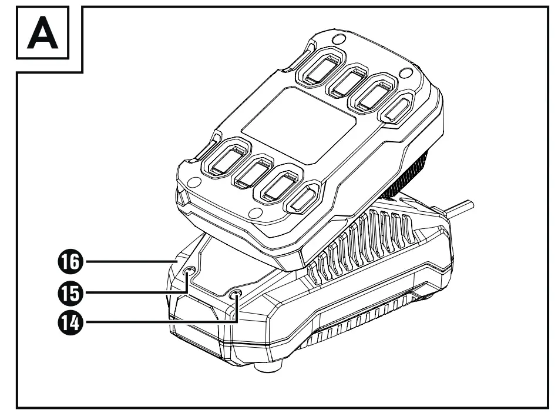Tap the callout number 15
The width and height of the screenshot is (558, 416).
pos(69,291)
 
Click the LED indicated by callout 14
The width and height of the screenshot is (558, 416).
pos(236,294)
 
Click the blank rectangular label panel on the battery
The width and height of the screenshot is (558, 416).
pos(298,125)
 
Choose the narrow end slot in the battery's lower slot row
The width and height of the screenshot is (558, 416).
pos(304,199)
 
